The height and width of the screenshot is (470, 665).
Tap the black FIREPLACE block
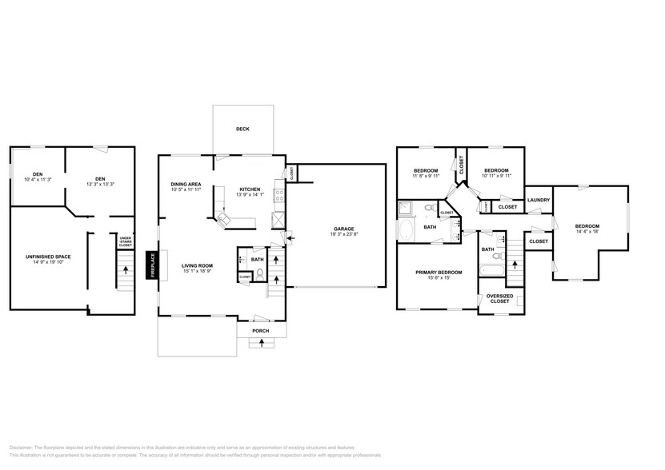151,265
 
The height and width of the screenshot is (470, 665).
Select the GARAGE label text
343,229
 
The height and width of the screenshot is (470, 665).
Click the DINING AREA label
186,185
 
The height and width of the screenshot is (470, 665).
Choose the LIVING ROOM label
196,265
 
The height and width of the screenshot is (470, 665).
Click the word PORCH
261,330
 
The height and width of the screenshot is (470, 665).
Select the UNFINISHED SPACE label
48,257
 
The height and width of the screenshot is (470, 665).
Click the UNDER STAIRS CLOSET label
126,241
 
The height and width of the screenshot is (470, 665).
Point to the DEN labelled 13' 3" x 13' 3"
100,178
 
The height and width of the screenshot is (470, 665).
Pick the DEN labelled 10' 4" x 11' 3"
38,174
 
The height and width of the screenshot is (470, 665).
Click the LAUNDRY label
537,200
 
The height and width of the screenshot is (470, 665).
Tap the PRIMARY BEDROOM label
437,272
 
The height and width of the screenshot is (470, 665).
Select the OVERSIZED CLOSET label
499,299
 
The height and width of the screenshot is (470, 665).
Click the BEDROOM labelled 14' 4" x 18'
587,226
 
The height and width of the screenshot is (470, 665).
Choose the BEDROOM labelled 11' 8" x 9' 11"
425,170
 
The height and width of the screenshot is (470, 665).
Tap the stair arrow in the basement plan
125,270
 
